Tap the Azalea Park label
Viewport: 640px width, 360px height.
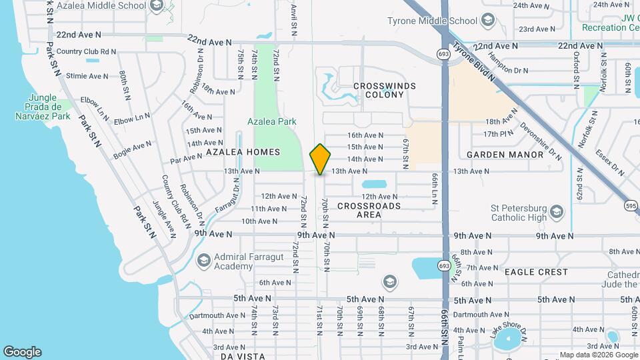(x=271, y=122)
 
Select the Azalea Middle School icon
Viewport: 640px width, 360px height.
(x=157, y=6)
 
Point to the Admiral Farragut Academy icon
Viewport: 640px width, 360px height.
(x=203, y=260)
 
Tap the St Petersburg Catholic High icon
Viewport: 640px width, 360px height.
(x=557, y=213)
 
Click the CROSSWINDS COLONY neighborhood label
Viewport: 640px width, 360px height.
(x=385, y=90)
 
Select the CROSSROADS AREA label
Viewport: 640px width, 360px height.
(x=369, y=210)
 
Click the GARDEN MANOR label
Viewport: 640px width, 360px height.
(x=505, y=155)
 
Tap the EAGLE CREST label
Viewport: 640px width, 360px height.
(x=536, y=272)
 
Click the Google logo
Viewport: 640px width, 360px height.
(x=22, y=352)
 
